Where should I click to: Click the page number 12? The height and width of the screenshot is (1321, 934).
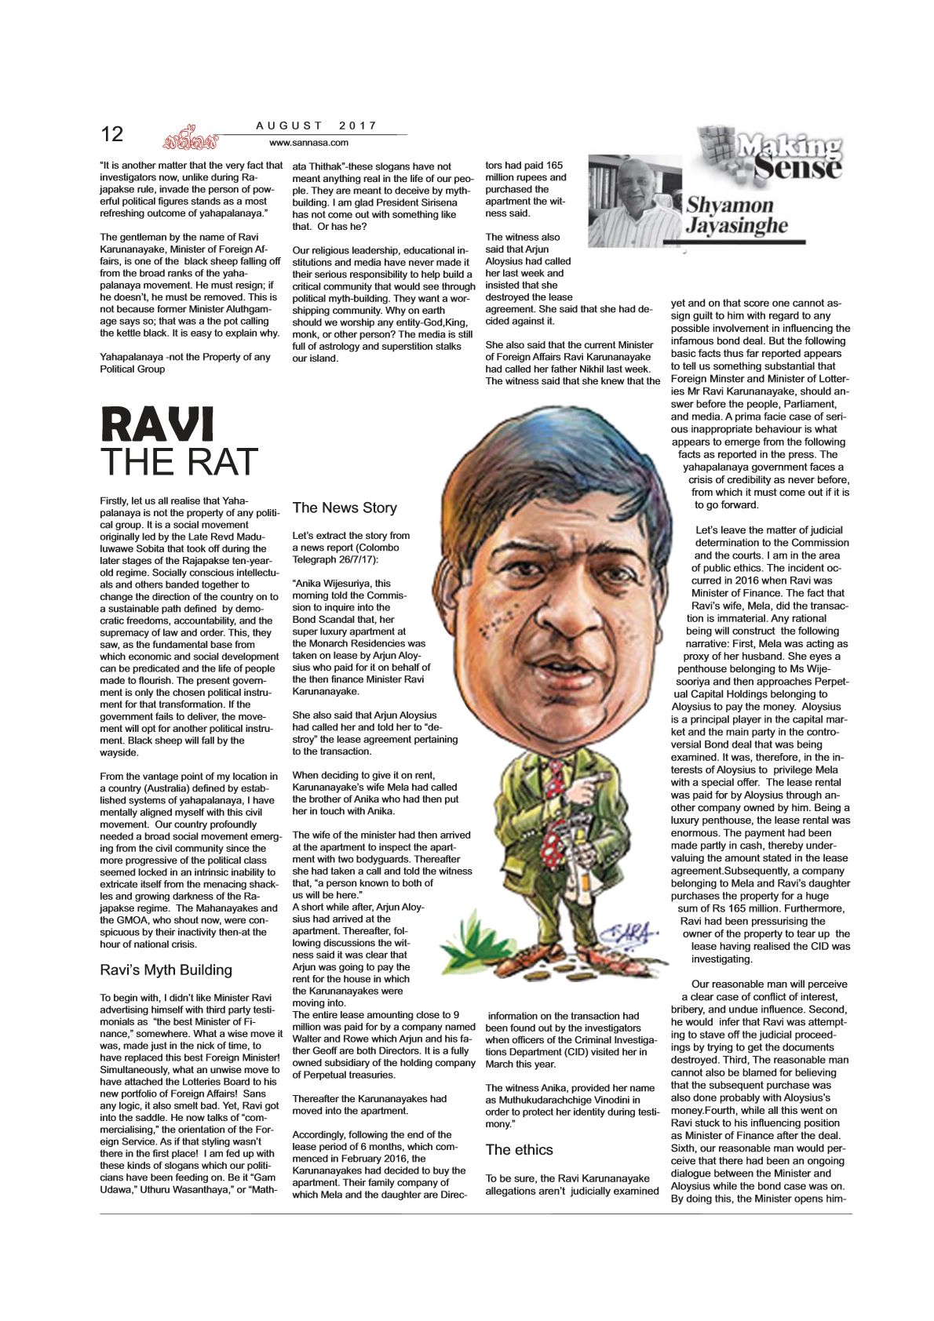112,134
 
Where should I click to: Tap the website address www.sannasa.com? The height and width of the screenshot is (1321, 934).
308,143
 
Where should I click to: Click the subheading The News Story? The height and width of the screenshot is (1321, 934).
345,508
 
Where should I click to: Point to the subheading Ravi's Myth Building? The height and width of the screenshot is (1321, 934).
166,970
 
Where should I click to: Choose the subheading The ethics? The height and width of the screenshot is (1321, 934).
519,1149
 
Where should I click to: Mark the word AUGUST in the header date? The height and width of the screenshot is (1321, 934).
290,126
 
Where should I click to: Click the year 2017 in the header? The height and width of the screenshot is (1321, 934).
358,126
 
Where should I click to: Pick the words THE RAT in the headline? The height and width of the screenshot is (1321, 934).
179,462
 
